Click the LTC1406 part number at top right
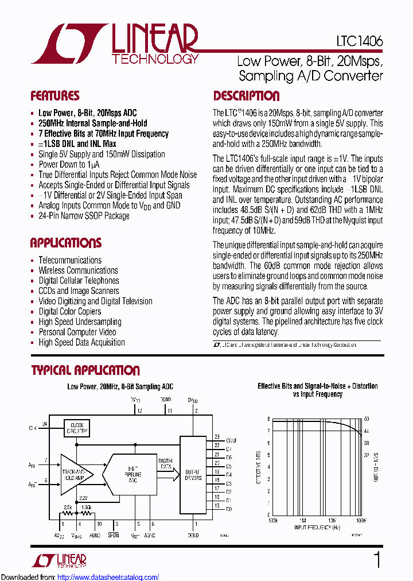[360, 42]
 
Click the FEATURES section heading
[54, 96]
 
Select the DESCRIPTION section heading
[246, 96]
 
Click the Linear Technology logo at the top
[115, 44]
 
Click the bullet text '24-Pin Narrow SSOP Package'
[84, 216]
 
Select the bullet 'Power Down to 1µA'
[70, 164]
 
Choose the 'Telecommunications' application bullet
[70, 260]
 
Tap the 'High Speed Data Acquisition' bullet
[81, 343]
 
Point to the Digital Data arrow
[165, 464]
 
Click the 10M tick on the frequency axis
[332, 519]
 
